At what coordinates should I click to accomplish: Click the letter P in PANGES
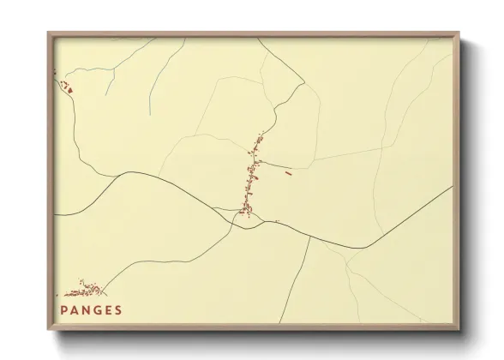tap(63, 310)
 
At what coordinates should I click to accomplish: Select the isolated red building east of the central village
tap(288, 171)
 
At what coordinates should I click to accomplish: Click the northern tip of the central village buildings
tap(261, 134)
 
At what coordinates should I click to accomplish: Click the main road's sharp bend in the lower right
tap(363, 248)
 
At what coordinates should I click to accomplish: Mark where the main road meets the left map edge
tap(55, 214)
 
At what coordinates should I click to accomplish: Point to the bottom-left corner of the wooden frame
tap(48, 330)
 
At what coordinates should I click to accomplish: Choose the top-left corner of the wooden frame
tap(48, 33)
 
